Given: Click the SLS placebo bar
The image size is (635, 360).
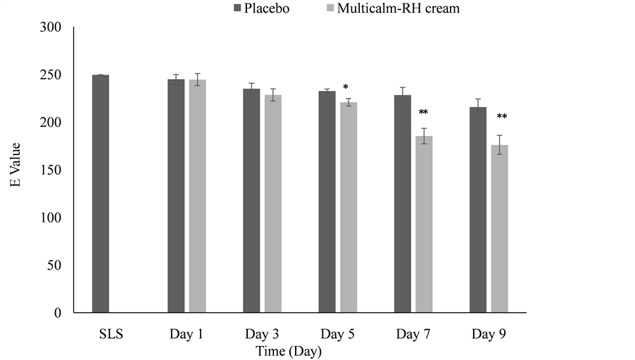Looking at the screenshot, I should [101, 194].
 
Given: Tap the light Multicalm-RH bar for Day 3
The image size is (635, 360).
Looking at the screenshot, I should [272, 204].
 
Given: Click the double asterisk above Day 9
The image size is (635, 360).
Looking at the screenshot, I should [501, 117].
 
